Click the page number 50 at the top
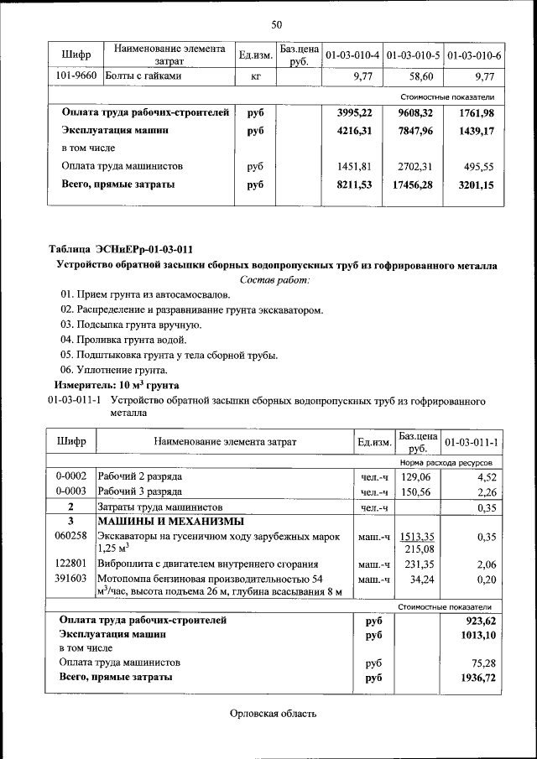click(276, 23)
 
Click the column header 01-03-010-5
click(414, 55)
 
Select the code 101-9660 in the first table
click(76, 76)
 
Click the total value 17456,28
click(412, 185)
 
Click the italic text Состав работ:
click(275, 279)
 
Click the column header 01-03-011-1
click(472, 442)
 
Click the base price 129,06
click(417, 476)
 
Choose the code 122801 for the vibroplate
click(71, 564)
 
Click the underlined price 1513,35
click(416, 536)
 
